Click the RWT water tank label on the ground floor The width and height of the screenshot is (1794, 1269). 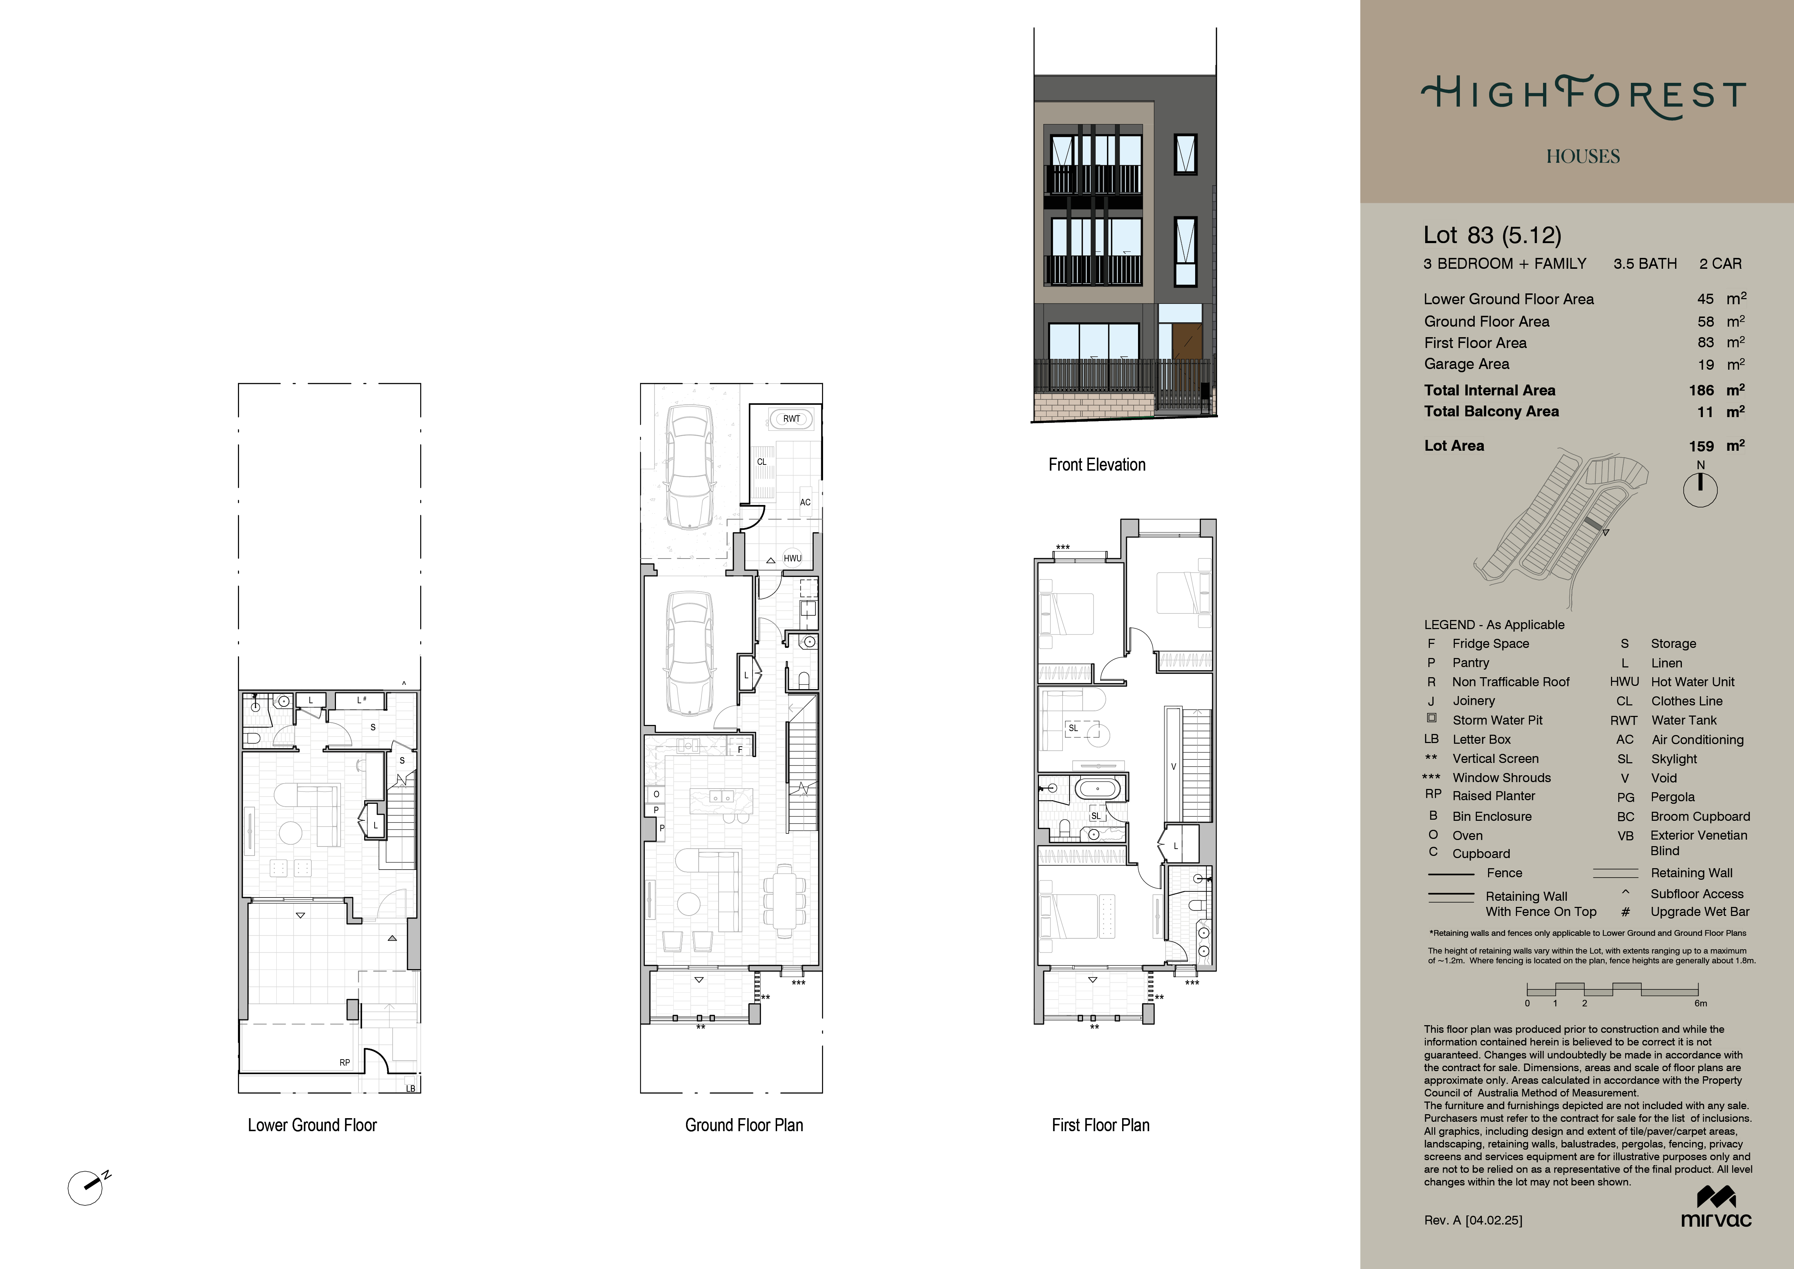pos(792,419)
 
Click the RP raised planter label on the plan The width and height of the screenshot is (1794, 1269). pos(345,1063)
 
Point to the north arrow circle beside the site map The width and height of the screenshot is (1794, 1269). pos(1700,491)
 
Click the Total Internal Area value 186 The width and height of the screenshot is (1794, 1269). pos(1701,390)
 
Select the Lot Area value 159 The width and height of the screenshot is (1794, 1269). pos(1701,446)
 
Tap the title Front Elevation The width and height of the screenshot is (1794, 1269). pos(1097,465)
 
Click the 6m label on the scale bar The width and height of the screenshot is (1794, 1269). pos(1700,1003)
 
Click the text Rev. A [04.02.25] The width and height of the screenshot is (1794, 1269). pos(1473,1220)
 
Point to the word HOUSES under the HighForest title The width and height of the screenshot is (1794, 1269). pos(1583,156)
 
